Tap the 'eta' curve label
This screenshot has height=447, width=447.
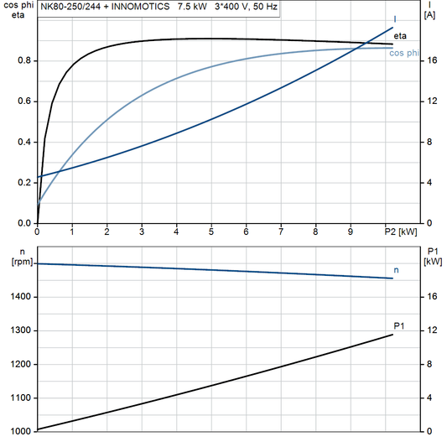point(400,35)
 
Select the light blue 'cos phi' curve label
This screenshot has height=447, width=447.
point(405,54)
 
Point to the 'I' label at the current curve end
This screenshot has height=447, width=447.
point(395,18)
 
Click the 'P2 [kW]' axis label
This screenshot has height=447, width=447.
point(400,232)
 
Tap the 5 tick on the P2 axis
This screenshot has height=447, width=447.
point(211,232)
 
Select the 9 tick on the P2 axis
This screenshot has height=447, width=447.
point(351,232)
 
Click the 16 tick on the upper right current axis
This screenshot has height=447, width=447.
point(430,60)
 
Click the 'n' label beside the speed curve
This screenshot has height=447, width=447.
point(397,270)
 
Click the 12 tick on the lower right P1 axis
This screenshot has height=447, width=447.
point(430,330)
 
